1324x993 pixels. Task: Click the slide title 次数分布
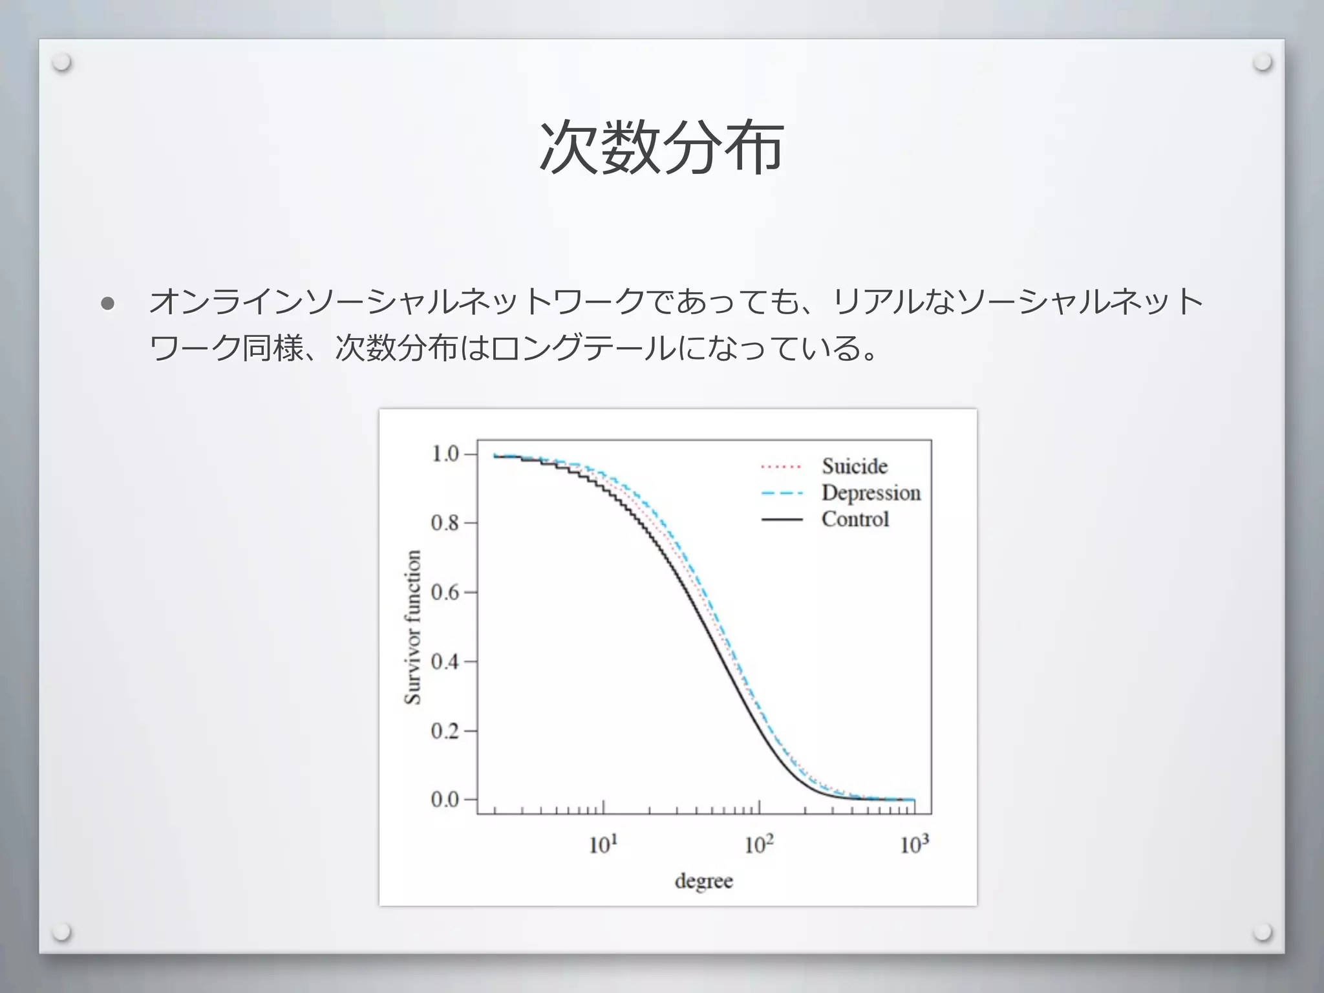[x=661, y=147]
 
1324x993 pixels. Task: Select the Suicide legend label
[x=855, y=466]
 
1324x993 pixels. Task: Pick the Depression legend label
[x=871, y=493]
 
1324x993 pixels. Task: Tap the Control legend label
[x=855, y=519]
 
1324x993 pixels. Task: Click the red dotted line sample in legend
[x=781, y=467]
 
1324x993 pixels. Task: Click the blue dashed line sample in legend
[x=781, y=493]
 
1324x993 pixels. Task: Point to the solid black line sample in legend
[x=781, y=520]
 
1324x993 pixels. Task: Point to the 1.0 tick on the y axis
[x=445, y=454]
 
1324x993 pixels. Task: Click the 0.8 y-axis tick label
[x=445, y=522]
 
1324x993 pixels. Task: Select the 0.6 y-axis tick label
[x=445, y=592]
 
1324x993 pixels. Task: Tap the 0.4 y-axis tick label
[x=445, y=661]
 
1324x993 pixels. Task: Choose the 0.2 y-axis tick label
[x=445, y=731]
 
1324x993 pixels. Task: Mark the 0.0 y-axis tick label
[x=445, y=800]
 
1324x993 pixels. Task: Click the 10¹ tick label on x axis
[x=603, y=844]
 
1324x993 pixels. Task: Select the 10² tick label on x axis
[x=758, y=844]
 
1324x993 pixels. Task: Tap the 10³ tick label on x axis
[x=914, y=844]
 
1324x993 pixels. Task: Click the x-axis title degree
[x=703, y=881]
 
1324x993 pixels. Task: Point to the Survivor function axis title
[x=412, y=626]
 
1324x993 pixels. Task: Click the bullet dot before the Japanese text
[x=108, y=304]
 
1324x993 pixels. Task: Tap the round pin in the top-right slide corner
[x=1261, y=63]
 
